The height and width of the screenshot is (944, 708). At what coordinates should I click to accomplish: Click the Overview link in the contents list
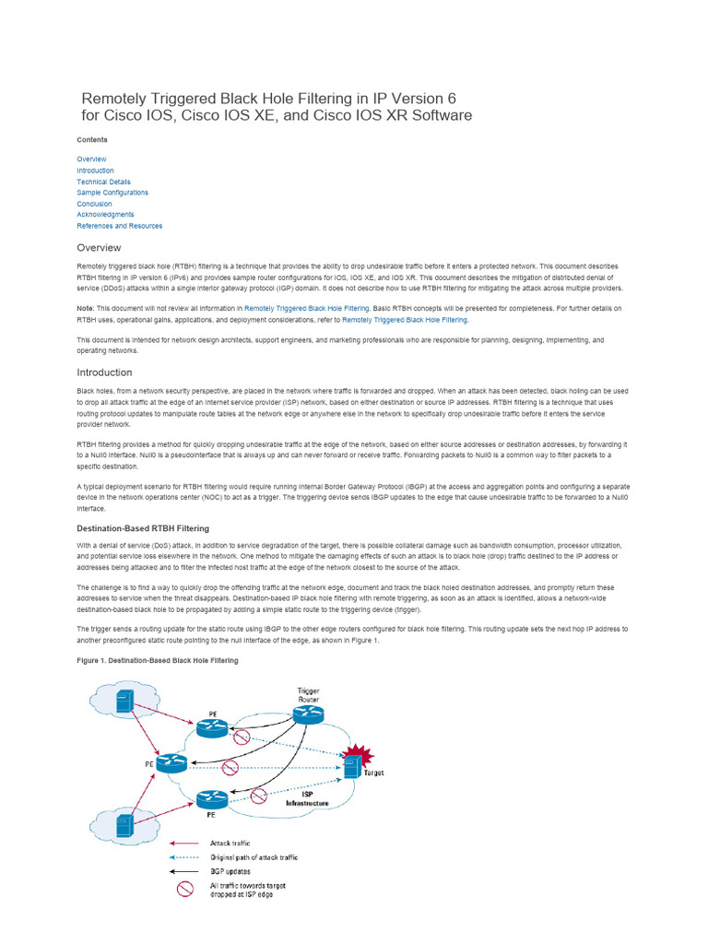point(91,159)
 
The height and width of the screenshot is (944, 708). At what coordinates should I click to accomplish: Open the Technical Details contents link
point(103,182)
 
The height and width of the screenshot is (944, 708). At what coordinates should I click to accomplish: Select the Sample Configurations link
point(112,193)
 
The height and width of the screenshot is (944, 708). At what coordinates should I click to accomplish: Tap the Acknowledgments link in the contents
point(105,215)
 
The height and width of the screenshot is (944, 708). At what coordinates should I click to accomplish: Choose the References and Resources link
point(119,226)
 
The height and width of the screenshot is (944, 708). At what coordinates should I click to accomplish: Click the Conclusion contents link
point(94,204)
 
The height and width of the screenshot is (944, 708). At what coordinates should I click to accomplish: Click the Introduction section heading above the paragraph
point(104,372)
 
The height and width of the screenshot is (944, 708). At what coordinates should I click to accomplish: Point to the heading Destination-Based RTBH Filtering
point(142,528)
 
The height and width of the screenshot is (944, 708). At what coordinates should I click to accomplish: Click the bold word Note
point(85,308)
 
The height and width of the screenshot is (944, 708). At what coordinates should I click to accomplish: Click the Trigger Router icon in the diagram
point(307,715)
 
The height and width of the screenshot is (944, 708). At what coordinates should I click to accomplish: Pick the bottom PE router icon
point(211,798)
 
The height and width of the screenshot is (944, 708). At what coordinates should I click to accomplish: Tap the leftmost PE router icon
point(171,763)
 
